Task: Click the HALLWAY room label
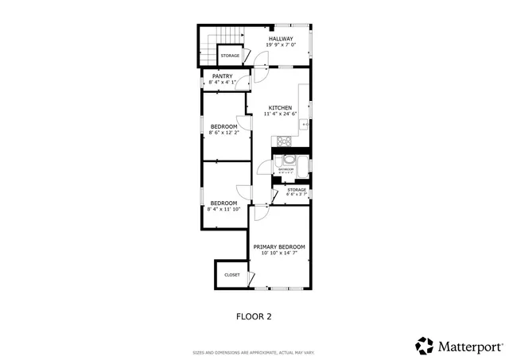pyautogui.click(x=280, y=39)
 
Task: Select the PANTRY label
pyautogui.click(x=222, y=76)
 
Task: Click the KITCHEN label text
pyautogui.click(x=280, y=108)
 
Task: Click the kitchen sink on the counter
pyautogui.click(x=306, y=124)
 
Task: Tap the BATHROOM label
pyautogui.click(x=286, y=169)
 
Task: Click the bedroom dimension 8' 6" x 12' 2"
pyautogui.click(x=224, y=133)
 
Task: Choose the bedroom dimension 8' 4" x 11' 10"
pyautogui.click(x=223, y=209)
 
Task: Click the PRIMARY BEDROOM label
pyautogui.click(x=279, y=247)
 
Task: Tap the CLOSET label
pyautogui.click(x=231, y=275)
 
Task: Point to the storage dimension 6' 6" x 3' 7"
pyautogui.click(x=297, y=195)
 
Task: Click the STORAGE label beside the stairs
pyautogui.click(x=230, y=56)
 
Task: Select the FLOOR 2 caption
pyautogui.click(x=254, y=316)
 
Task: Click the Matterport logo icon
pyautogui.click(x=425, y=346)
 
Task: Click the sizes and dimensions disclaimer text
pyautogui.click(x=254, y=352)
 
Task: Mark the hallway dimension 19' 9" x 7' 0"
pyautogui.click(x=280, y=45)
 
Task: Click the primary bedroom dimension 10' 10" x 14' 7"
pyautogui.click(x=279, y=254)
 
